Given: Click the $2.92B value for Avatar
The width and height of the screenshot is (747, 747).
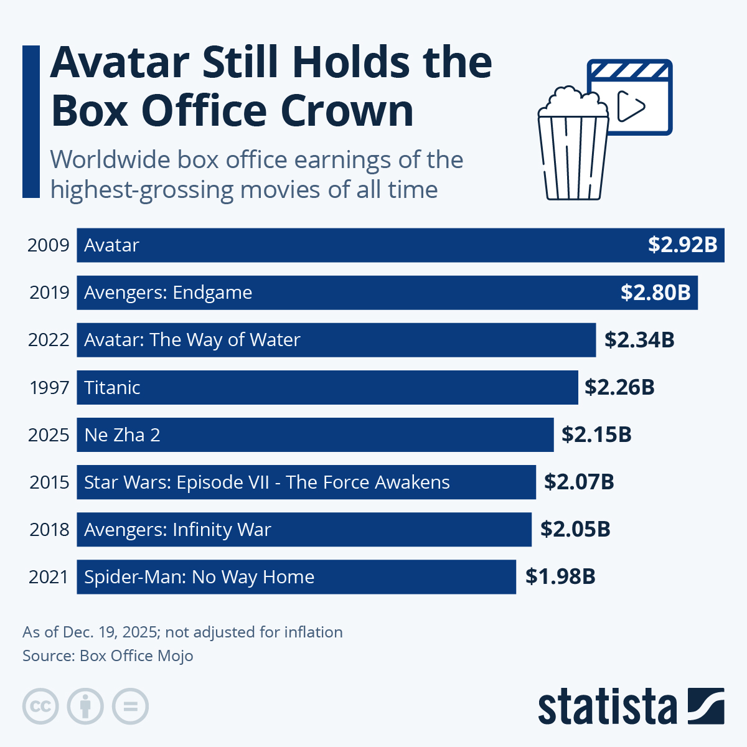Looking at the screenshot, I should (x=682, y=245).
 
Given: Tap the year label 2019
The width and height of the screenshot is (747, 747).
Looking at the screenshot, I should (x=49, y=292).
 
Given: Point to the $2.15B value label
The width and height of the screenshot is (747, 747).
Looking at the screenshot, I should (x=596, y=435).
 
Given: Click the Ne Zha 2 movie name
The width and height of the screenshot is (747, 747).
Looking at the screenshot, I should (x=122, y=435).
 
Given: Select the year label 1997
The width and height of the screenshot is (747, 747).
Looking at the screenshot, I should (x=49, y=387).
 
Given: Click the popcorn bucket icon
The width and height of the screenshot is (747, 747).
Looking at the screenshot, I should (x=573, y=146).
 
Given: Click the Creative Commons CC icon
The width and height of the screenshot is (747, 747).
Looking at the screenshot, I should (x=40, y=707).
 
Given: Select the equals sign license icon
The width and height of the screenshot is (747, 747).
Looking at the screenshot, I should (x=130, y=707).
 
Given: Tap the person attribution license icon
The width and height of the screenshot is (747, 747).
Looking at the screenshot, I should (x=85, y=707).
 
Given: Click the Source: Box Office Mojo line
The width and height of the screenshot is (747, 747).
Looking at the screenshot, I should (x=108, y=655).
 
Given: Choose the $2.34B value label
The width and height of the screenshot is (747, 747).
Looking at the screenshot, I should (x=639, y=340).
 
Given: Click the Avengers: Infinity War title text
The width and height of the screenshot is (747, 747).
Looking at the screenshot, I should (x=177, y=529).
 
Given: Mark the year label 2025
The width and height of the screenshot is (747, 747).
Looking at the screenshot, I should (x=49, y=435).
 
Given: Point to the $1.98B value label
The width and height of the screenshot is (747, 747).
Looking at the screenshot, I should (x=560, y=576).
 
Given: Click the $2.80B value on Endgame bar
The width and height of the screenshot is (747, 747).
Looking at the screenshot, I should (x=655, y=292).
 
